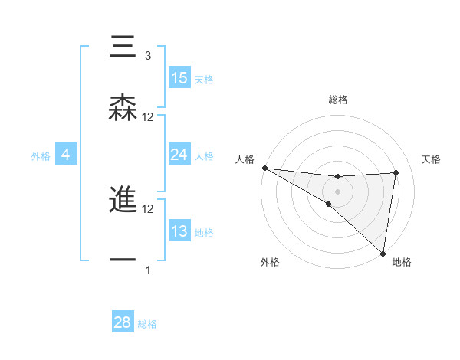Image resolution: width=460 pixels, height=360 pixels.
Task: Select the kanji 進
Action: click(x=123, y=200)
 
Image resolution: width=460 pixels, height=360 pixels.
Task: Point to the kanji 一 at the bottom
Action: click(x=123, y=260)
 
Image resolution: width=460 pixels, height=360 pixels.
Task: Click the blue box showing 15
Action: click(x=179, y=78)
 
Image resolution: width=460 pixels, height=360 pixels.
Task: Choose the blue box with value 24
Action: click(x=179, y=155)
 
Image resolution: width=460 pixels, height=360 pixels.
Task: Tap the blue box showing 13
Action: click(x=179, y=231)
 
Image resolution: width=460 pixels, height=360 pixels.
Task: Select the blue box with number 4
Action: click(x=66, y=155)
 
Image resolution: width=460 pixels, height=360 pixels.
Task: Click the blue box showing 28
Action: click(x=123, y=322)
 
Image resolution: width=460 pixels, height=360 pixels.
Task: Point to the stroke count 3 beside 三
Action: click(x=148, y=56)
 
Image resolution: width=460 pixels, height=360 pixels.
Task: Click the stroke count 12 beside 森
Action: click(x=148, y=117)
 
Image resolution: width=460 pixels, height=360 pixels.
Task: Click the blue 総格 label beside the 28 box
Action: click(x=148, y=324)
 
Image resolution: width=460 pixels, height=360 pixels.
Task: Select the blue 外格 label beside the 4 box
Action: click(x=41, y=155)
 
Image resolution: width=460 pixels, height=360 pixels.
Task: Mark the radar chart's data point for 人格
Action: click(x=264, y=168)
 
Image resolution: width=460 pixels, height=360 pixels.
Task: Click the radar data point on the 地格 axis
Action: click(x=382, y=252)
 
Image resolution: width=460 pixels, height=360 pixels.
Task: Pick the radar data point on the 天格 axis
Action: click(x=396, y=173)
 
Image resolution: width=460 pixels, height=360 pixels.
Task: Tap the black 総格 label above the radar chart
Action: click(x=337, y=100)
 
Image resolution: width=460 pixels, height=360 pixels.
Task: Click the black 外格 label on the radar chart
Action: click(x=270, y=263)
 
